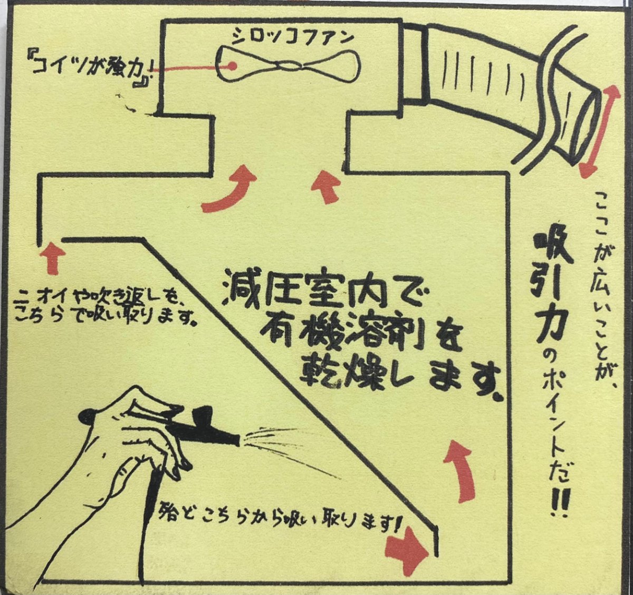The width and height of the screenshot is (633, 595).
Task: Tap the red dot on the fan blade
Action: click(231, 66)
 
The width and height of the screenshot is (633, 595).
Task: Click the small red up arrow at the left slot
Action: click(53, 256)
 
